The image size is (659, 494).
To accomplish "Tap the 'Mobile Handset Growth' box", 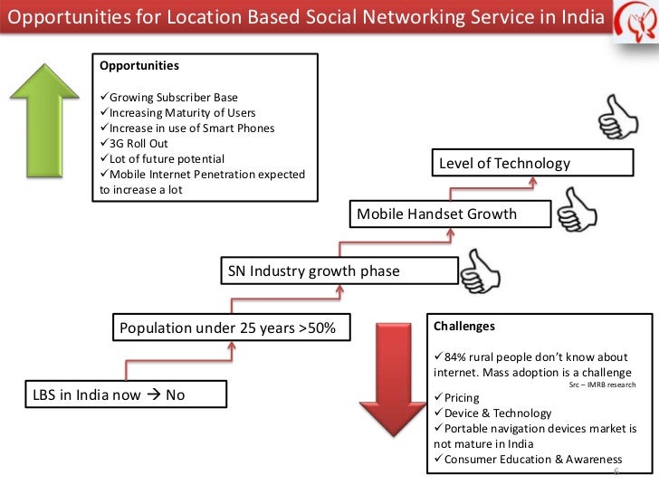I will pyautogui.click(x=449, y=214).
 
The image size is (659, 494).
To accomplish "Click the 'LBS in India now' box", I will pyautogui.click(x=112, y=394).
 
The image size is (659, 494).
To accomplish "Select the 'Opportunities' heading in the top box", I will pyautogui.click(x=139, y=66).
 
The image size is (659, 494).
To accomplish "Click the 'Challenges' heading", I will pyautogui.click(x=464, y=326).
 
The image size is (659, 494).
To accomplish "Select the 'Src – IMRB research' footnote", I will pyautogui.click(x=603, y=385).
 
